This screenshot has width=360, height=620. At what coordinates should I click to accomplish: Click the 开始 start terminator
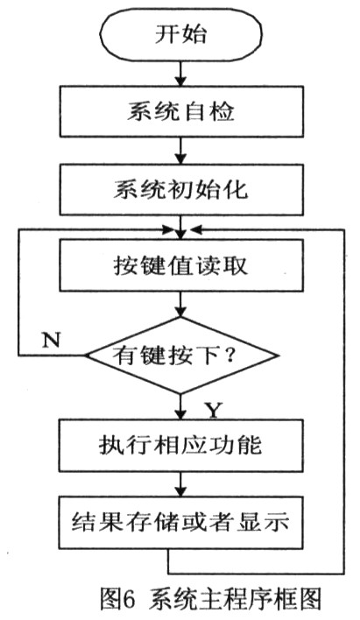click(x=180, y=34)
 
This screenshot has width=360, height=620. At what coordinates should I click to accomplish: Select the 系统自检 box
click(x=181, y=111)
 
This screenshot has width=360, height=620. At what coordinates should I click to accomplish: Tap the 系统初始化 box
click(x=181, y=189)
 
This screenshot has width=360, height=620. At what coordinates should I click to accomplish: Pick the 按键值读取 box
click(x=181, y=265)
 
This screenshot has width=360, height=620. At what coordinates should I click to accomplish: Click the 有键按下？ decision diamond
click(x=180, y=355)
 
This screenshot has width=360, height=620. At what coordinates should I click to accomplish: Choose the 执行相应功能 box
click(x=181, y=445)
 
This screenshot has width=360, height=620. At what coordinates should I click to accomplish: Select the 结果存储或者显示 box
click(x=181, y=523)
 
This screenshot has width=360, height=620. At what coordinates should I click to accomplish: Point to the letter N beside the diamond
click(x=51, y=339)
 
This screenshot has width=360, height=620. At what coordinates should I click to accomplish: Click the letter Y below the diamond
click(x=214, y=410)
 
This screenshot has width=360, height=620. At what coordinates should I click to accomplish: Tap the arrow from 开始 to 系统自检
click(x=180, y=73)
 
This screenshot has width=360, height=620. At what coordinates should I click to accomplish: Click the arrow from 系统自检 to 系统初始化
click(x=180, y=151)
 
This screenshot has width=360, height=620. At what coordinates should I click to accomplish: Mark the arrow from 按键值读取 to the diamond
click(x=180, y=305)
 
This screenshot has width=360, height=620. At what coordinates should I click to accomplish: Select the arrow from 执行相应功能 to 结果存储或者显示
click(x=180, y=484)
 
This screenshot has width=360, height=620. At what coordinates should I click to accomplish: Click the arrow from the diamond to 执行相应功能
click(x=180, y=407)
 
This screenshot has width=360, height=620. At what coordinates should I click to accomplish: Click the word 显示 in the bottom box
click(x=263, y=522)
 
